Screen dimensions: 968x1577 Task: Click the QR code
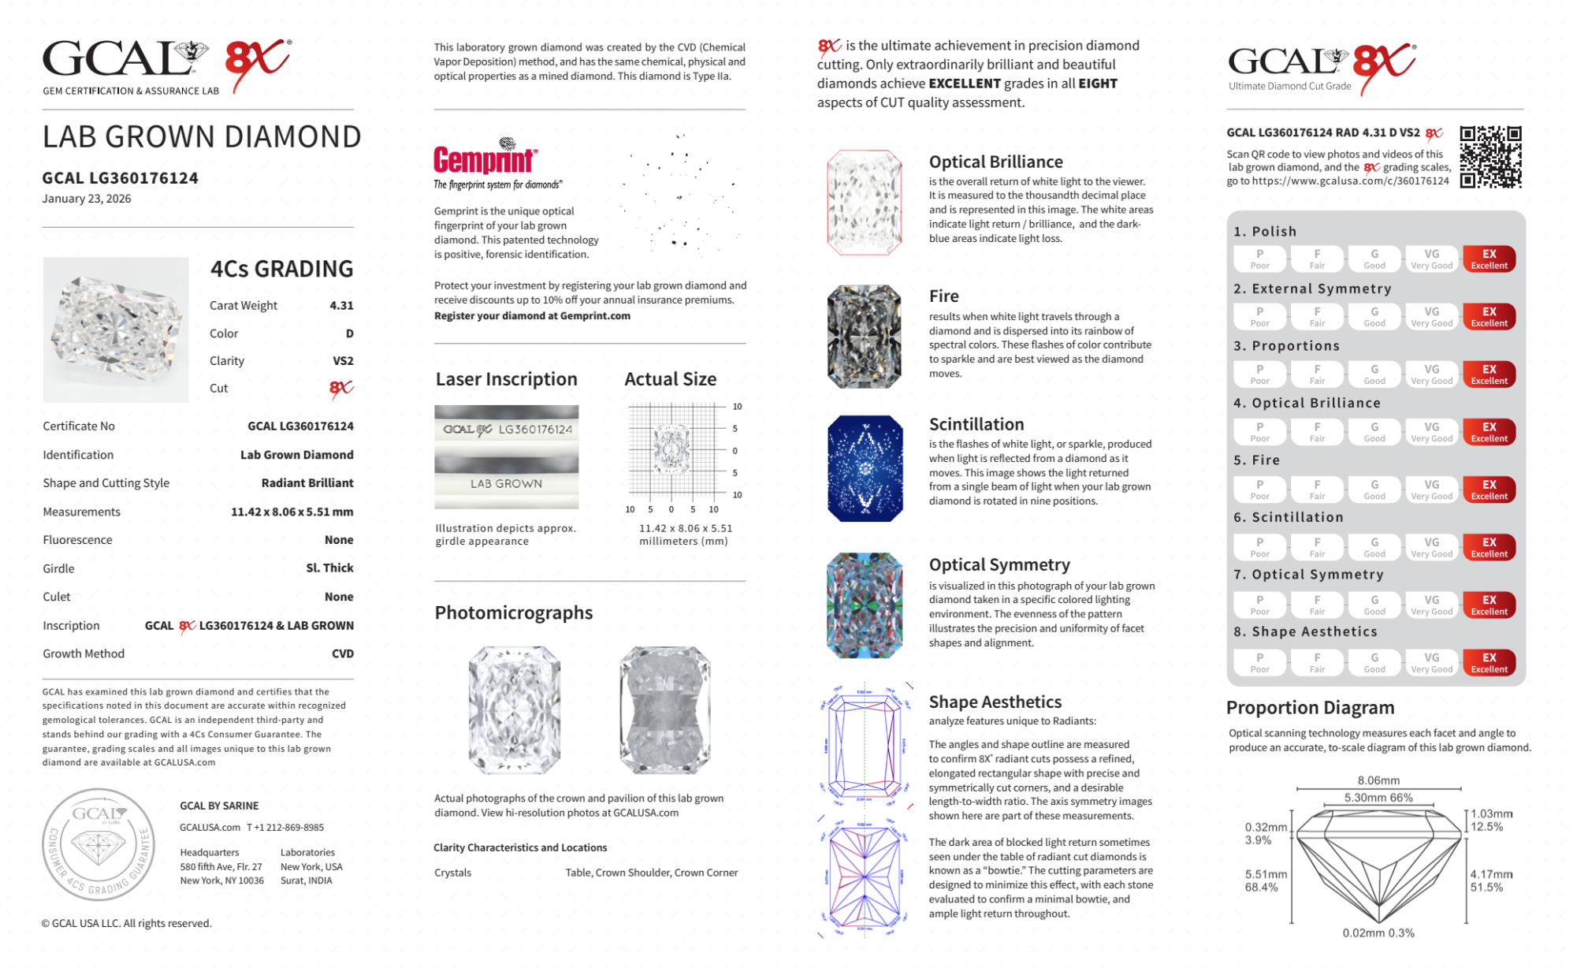pos(1490,157)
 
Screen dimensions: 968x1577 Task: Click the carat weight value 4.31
pos(341,306)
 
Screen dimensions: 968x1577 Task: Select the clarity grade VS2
pos(343,361)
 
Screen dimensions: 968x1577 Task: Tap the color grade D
pos(349,333)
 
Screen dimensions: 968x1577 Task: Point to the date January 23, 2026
pos(87,199)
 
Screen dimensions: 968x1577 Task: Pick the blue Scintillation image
pos(865,468)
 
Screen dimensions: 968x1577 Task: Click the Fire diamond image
pos(865,337)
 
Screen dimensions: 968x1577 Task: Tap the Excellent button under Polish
pos(1489,259)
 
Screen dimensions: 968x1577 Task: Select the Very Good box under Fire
pos(1431,490)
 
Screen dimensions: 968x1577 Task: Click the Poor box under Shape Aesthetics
pos(1259,662)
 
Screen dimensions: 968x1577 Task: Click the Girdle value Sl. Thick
pos(329,568)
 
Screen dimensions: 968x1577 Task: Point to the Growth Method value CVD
pos(343,653)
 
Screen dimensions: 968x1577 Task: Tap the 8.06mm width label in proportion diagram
pos(1378,780)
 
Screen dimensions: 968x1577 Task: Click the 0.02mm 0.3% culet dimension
pos(1378,933)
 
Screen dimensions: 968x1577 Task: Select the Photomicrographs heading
pos(513,613)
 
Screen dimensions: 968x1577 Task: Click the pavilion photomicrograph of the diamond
pos(664,709)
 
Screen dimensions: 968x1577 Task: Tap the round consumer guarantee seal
pos(99,844)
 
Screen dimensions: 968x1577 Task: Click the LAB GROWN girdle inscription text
pos(506,484)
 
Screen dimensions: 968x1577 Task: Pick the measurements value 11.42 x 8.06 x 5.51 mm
pos(292,512)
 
